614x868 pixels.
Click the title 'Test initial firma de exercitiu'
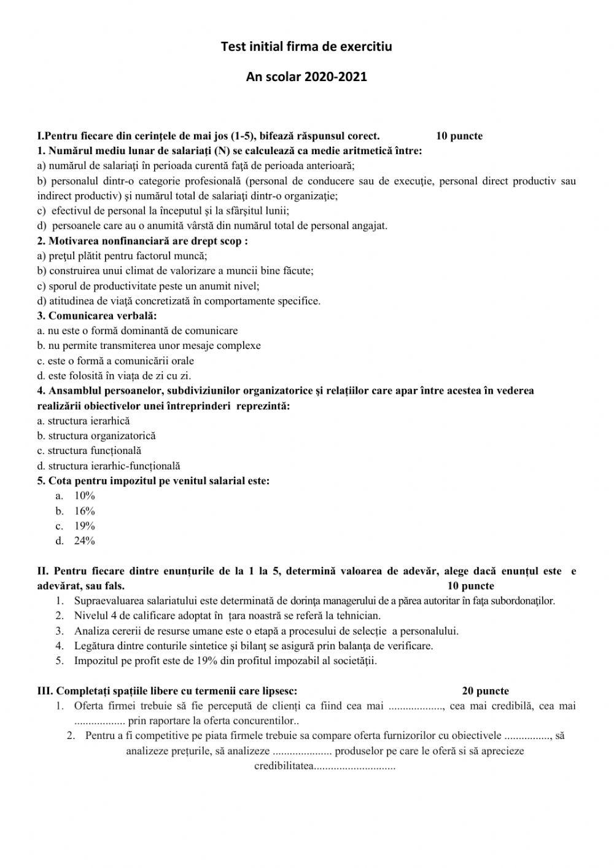coord(306,46)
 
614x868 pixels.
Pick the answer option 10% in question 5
coord(84,496)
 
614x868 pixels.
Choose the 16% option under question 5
coord(84,511)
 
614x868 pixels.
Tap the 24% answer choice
coord(84,541)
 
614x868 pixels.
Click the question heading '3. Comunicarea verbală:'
coord(97,316)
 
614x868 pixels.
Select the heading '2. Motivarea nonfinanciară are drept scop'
coord(142,241)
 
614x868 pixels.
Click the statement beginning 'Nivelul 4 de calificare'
coord(227,616)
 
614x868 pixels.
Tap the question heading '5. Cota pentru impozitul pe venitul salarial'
coord(153,481)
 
